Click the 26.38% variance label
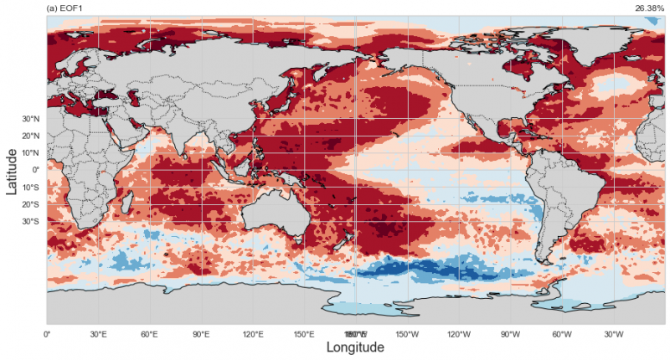pyautogui.click(x=650, y=8)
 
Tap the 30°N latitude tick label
pyautogui.click(x=31, y=119)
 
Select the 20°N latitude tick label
pyautogui.click(x=31, y=136)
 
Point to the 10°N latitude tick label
pyautogui.click(x=31, y=153)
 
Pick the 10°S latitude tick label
pyautogui.click(x=31, y=188)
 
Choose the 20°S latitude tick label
pyautogui.click(x=31, y=204)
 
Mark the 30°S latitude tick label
pyautogui.click(x=31, y=222)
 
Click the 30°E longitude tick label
pyautogui.click(x=98, y=335)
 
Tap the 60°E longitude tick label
pyautogui.click(x=149, y=335)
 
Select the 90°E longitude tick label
pyautogui.click(x=201, y=335)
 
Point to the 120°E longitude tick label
pyautogui.click(x=252, y=335)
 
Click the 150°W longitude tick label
pyautogui.click(x=407, y=335)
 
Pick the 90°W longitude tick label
pyautogui.click(x=510, y=335)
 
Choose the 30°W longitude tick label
pyautogui.click(x=613, y=335)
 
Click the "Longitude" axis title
pyautogui.click(x=355, y=347)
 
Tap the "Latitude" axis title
pyautogui.click(x=13, y=171)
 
